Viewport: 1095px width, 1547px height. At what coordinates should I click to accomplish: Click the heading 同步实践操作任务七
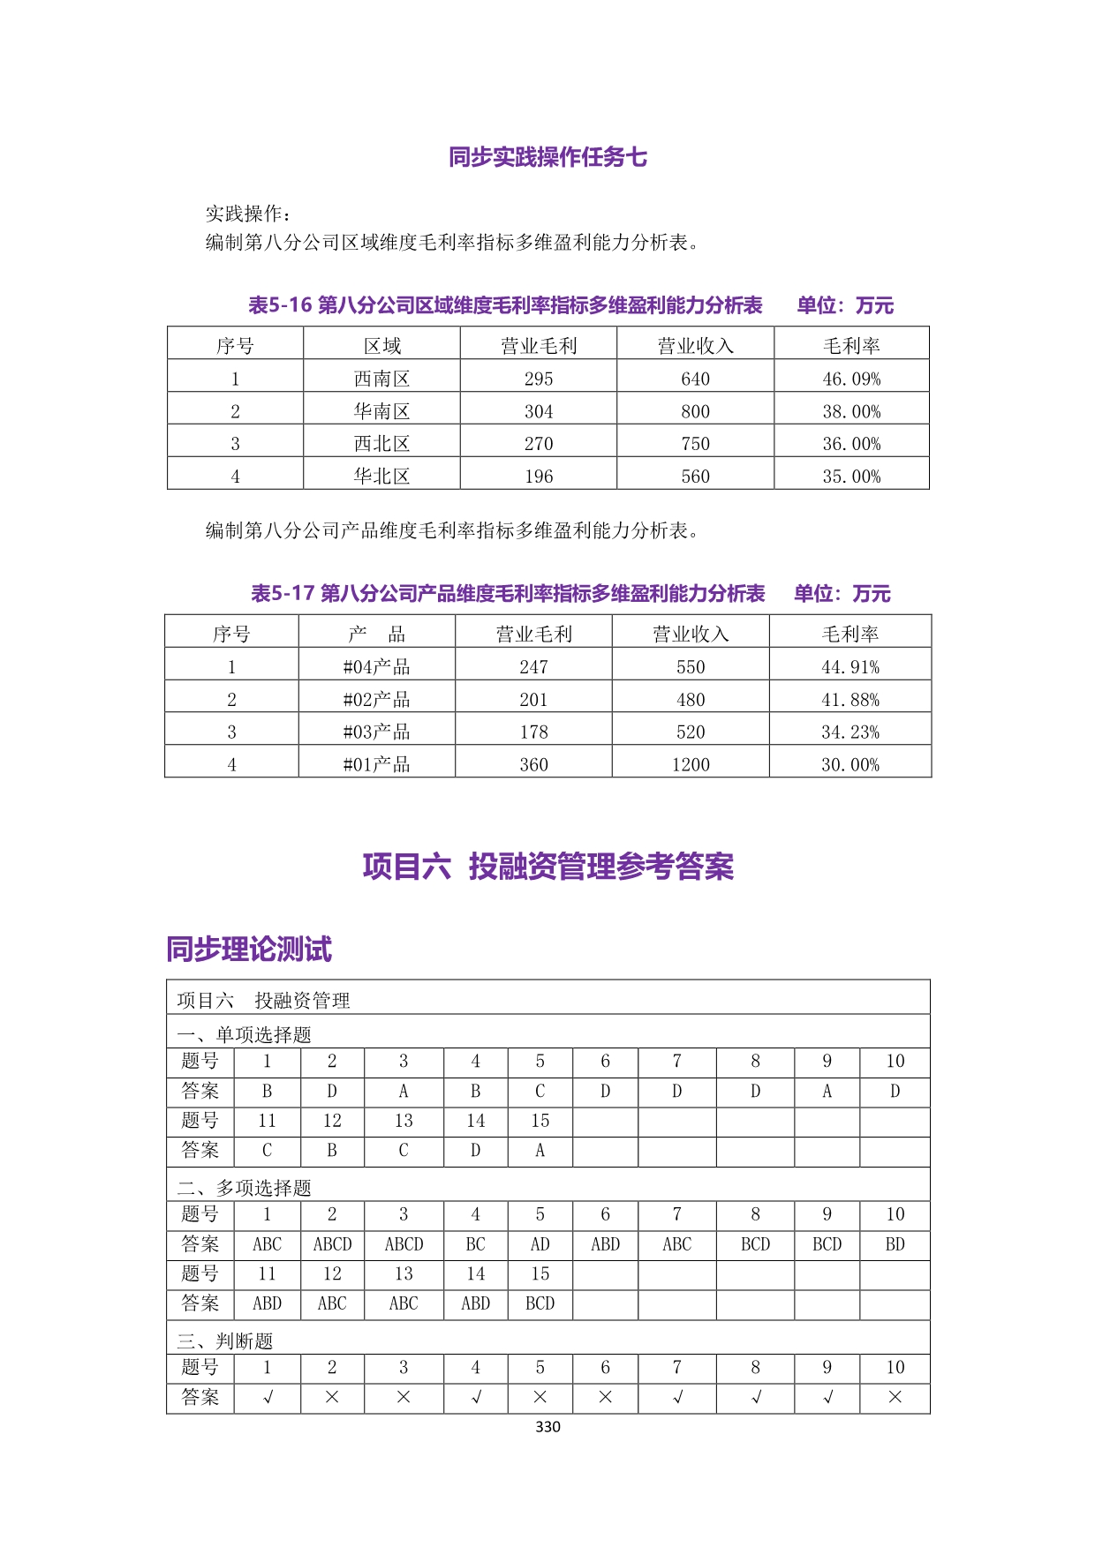tap(547, 157)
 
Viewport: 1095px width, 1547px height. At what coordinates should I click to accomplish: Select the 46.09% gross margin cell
tap(851, 379)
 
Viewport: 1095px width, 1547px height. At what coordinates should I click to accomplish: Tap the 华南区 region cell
tap(381, 411)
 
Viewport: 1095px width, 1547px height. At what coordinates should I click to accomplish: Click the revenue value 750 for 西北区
tap(695, 444)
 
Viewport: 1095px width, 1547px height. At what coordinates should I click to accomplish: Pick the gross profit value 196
tap(539, 477)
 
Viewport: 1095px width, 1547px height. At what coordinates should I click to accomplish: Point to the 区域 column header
tap(381, 346)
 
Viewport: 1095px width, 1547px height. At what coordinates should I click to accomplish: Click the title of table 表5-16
tap(505, 305)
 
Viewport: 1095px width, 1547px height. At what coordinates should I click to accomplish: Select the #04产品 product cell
tap(376, 667)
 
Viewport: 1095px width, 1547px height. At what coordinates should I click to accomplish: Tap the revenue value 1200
tap(691, 765)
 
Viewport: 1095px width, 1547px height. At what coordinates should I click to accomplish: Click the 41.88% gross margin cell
tap(850, 700)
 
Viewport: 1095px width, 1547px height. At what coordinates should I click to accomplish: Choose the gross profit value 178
tap(533, 732)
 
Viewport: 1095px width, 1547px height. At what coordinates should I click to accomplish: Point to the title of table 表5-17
tap(508, 593)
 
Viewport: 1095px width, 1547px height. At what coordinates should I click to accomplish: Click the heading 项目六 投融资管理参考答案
tap(547, 867)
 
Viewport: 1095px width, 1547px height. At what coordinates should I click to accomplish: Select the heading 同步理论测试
tap(249, 950)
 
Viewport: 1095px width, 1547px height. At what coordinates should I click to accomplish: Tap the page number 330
tap(547, 1427)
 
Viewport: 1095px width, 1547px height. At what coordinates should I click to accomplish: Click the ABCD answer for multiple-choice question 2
tap(332, 1244)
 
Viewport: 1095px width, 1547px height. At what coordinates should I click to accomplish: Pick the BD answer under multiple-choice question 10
tap(895, 1244)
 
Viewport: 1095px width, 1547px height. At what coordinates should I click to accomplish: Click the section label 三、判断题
tap(225, 1341)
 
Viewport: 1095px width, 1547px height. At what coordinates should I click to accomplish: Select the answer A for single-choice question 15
tap(540, 1151)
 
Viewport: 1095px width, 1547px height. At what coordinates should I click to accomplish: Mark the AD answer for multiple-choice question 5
tap(540, 1244)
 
